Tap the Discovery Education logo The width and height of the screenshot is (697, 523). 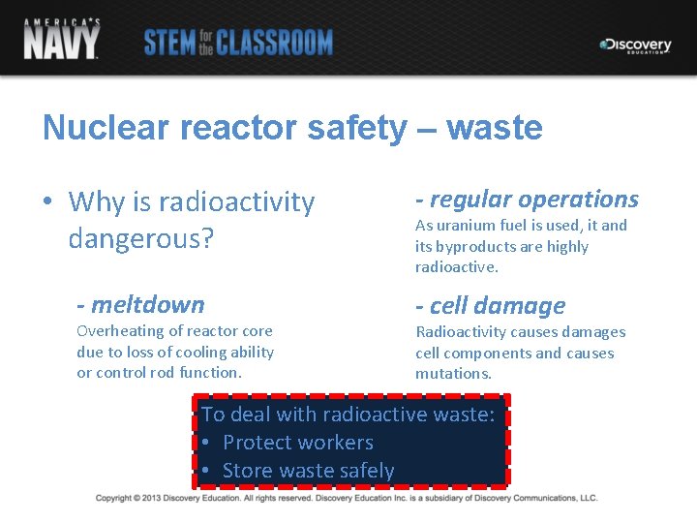pyautogui.click(x=635, y=46)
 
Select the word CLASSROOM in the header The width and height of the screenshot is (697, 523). pyautogui.click(x=275, y=43)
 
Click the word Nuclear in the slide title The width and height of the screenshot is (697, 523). pyautogui.click(x=92, y=128)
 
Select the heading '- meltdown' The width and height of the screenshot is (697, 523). pyautogui.click(x=141, y=305)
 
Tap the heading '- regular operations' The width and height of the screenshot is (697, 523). pyautogui.click(x=528, y=200)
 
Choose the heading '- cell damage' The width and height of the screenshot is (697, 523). pyautogui.click(x=491, y=306)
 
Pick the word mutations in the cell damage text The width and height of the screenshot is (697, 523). pyautogui.click(x=453, y=374)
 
